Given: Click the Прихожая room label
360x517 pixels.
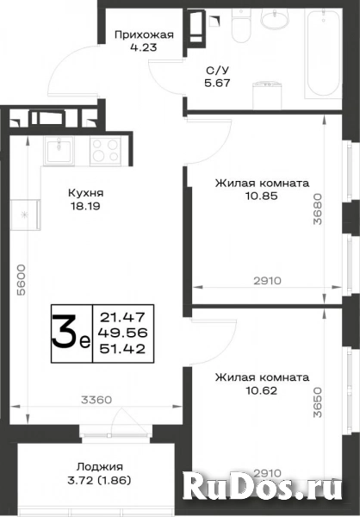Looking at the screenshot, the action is (144, 34).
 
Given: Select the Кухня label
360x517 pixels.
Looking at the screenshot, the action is (85, 192).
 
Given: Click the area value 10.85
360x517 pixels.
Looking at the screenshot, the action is (262, 196).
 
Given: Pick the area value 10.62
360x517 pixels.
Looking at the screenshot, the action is (261, 390).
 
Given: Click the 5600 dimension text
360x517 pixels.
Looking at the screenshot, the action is (21, 279).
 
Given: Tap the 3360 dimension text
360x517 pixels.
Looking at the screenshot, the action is (96, 400).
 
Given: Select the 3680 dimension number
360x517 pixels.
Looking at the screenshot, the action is (317, 209).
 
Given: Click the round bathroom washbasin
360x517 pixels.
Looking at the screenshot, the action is (274, 17).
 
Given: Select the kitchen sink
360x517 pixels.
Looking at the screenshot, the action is (59, 150).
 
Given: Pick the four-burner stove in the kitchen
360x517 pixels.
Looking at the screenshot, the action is (105, 150).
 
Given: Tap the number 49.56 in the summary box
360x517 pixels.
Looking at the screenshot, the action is (122, 333).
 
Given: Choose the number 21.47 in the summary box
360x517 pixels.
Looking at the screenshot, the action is (122, 317).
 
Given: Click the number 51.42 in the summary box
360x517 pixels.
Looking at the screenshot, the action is (122, 349).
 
